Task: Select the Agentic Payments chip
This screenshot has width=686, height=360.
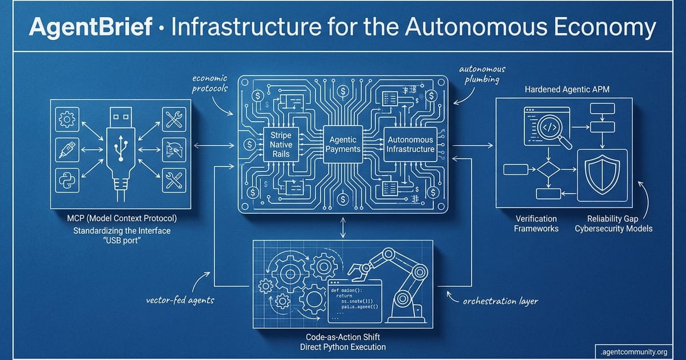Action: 342,144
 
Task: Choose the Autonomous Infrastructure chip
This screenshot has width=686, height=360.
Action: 411,144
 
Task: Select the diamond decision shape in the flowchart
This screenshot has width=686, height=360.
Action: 547,170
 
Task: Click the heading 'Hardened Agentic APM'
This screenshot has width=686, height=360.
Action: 563,90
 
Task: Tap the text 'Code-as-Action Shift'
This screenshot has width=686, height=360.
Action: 342,337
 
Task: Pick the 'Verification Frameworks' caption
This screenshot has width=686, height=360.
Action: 536,223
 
